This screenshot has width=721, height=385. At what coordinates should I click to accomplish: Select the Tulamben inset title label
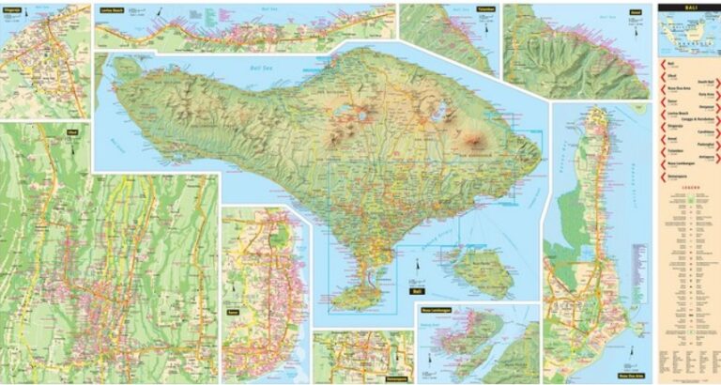[484, 8]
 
